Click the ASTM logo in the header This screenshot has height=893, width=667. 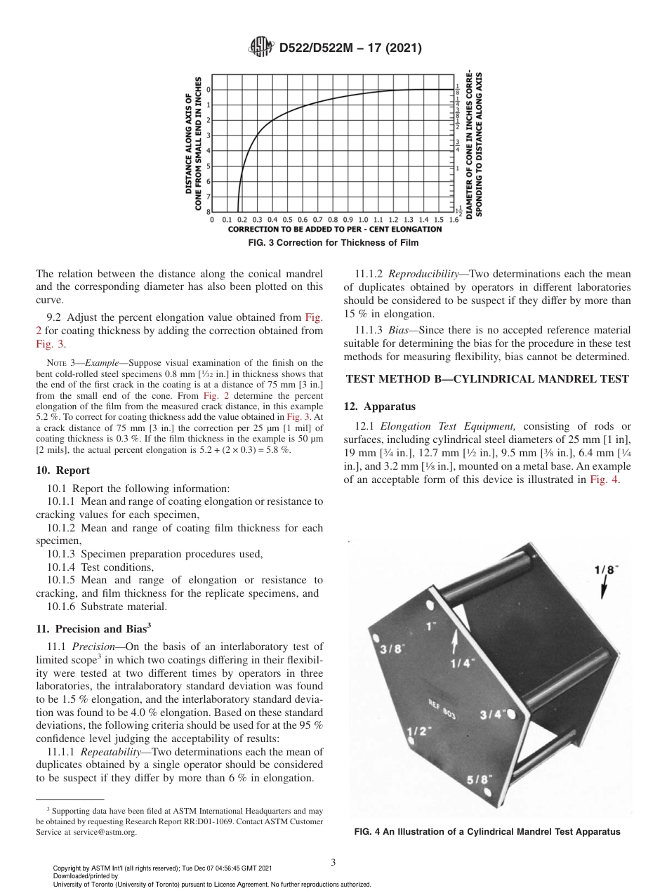coord(261,48)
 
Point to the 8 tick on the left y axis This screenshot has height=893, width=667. coord(208,211)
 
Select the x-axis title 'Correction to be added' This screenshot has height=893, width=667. coord(335,229)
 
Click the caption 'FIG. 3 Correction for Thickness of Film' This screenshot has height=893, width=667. coord(334,243)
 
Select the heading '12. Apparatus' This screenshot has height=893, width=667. coord(380,406)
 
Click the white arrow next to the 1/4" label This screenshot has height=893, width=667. coord(455,640)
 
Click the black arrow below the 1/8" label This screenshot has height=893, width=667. coord(603,591)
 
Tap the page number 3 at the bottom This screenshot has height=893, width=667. coord(333,862)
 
